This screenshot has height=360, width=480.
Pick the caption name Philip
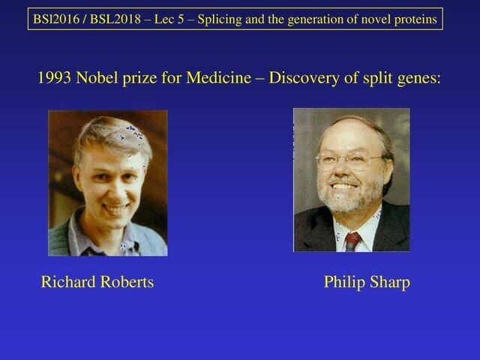click(x=343, y=282)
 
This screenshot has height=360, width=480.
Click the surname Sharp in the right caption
click(x=389, y=282)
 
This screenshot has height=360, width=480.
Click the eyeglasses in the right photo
click(x=350, y=160)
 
